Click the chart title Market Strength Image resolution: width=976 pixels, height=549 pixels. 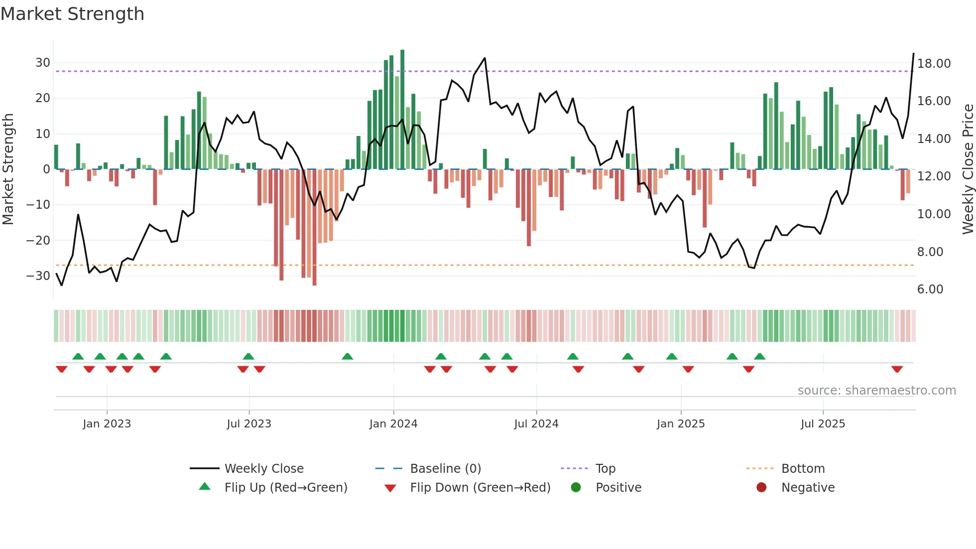pos(72,14)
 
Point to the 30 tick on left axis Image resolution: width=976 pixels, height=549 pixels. pos(43,63)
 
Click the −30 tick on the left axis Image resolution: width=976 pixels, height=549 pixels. pos(39,275)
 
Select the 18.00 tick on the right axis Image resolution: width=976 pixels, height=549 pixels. pos(934,64)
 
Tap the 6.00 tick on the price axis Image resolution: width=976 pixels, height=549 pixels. pos(930,289)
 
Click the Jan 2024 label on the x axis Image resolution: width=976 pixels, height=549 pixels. pos(393,424)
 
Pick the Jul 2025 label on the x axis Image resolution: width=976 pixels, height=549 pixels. pos(823,424)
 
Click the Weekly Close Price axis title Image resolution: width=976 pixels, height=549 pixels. pos(968,169)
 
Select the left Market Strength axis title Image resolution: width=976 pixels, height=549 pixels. pos(8,169)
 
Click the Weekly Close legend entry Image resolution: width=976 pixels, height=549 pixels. pos(263,469)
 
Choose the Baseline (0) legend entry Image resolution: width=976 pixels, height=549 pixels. pos(445,469)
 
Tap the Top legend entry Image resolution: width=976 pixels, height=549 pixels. pos(605,469)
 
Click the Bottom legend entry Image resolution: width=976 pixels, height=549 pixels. pos(803,469)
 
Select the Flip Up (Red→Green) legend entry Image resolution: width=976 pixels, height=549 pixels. pos(285,488)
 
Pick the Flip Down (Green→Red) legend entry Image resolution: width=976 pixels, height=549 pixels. pos(480,488)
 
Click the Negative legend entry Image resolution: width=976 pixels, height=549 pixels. pos(807,488)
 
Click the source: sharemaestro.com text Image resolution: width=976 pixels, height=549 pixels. pos(876,391)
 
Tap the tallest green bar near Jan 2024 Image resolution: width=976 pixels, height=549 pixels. pos(402,110)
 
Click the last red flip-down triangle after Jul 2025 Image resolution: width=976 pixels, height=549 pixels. pos(897,369)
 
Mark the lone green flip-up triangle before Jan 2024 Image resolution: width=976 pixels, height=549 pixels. pos(348,356)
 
